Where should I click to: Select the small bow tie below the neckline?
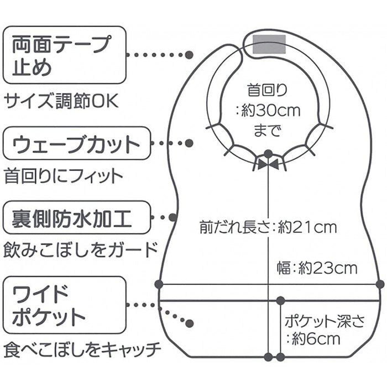[x=269, y=164]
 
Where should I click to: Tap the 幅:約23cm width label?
[x=317, y=269]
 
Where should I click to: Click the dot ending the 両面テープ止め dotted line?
[x=189, y=55]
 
